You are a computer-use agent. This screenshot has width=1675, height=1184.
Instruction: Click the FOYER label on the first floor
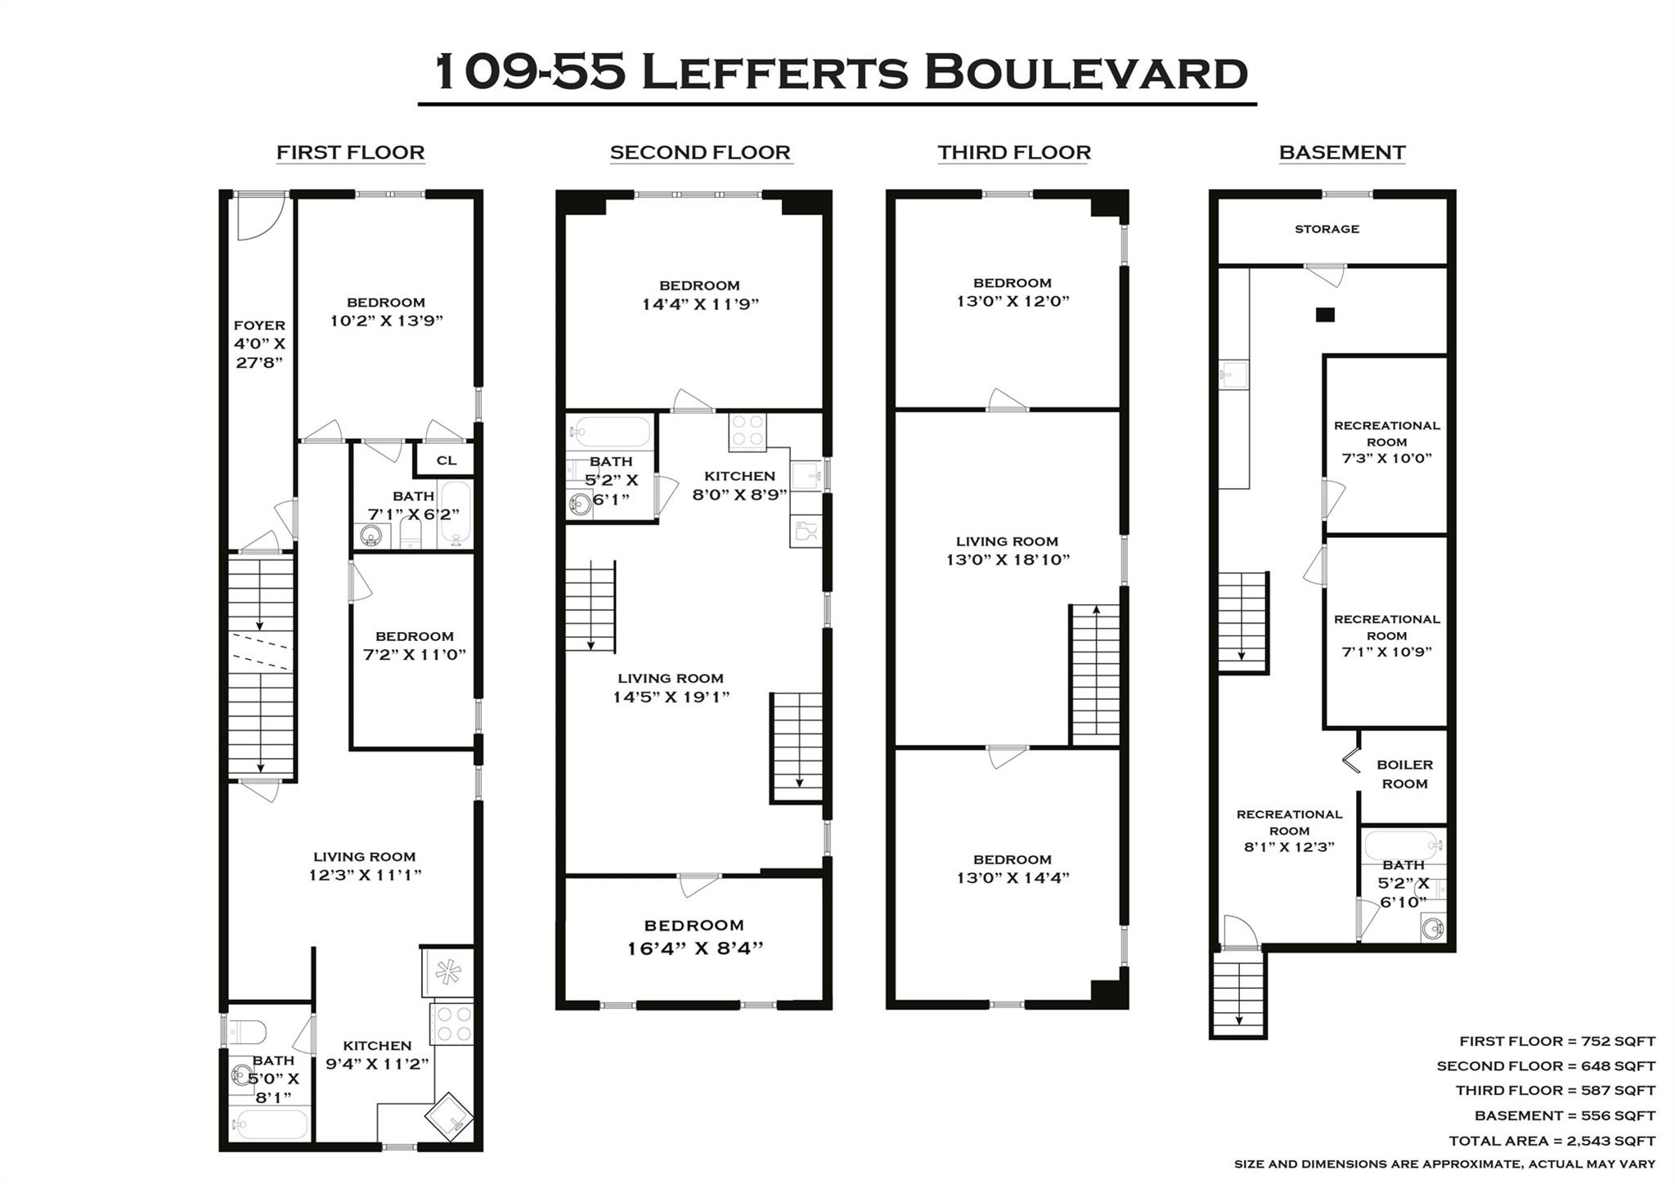pos(259,325)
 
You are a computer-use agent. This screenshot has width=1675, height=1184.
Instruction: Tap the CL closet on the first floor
pos(446,460)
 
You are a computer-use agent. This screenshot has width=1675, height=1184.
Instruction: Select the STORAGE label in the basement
pos(1327,229)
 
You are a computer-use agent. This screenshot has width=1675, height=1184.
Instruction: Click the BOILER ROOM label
pos(1404,774)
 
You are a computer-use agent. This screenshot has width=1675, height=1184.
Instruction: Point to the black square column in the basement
pos(1325,315)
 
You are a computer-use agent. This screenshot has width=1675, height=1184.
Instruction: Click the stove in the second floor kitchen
pos(748,432)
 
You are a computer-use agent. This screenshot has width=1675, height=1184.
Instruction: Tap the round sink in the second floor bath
pos(579,505)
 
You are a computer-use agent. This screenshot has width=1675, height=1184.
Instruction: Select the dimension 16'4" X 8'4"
pos(694,949)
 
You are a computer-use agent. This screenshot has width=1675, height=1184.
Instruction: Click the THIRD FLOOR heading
pos(1013,153)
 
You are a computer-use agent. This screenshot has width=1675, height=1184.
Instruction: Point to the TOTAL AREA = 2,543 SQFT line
pos(1552,1141)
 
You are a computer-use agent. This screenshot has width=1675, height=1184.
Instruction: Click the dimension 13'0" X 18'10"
pos(1008,560)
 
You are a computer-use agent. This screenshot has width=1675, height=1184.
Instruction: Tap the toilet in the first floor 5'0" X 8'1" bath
pos(247,1032)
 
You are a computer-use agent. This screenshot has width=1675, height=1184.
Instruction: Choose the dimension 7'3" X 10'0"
pos(1386,459)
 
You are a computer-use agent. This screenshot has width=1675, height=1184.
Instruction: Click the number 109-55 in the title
pos(530,72)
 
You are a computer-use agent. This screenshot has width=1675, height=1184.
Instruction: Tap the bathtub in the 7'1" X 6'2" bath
pos(456,514)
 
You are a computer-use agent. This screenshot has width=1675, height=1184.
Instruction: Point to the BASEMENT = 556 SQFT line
pos(1564,1116)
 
